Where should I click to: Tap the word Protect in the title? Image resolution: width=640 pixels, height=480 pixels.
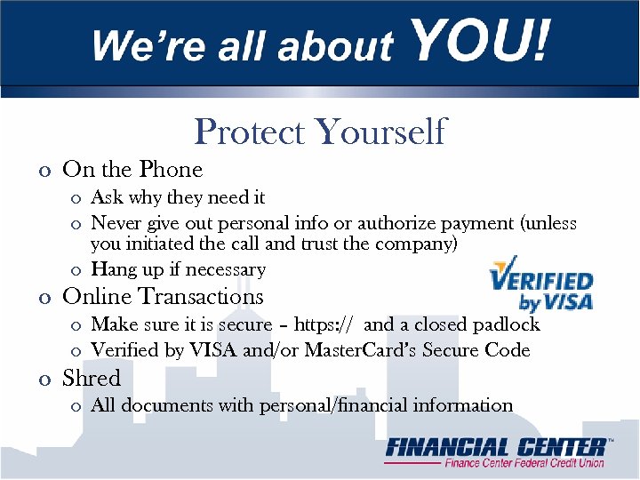pos(249,132)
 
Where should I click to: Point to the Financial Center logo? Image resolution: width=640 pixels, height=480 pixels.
pos(496,452)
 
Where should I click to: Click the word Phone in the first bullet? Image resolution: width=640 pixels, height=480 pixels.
pos(170,169)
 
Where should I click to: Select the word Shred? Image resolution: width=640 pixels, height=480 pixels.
pos(92,379)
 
